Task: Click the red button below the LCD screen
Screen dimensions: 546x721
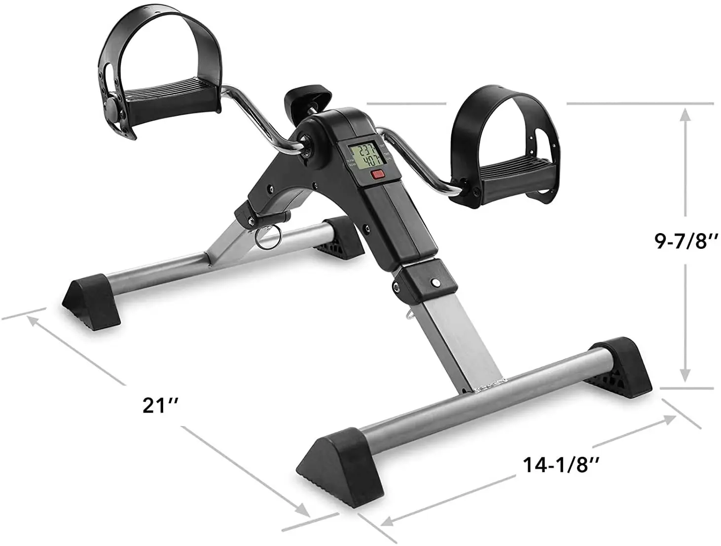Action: pyautogui.click(x=378, y=173)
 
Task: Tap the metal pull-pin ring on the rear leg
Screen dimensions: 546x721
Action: pyautogui.click(x=267, y=238)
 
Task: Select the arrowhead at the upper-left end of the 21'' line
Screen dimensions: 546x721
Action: pyautogui.click(x=33, y=320)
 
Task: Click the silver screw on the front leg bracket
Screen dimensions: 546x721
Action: pyautogui.click(x=435, y=282)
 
